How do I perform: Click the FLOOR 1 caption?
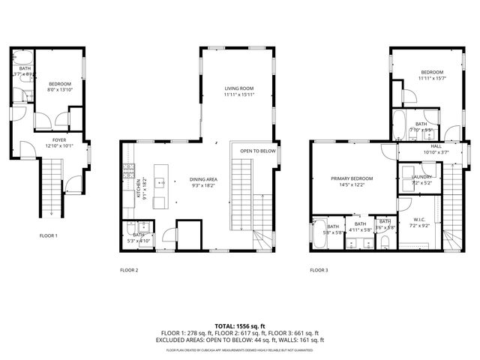pos(48,235)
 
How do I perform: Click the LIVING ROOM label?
pos(238,88)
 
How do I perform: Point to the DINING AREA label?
pos(203,179)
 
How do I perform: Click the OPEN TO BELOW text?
pos(258,151)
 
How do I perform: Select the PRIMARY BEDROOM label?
pos(352,178)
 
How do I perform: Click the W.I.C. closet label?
pos(420,220)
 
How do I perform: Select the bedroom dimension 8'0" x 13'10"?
pos(60,89)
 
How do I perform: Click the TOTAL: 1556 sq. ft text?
pos(239,326)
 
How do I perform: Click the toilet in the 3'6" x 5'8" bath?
pos(384,240)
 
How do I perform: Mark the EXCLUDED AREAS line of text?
pos(239,340)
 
